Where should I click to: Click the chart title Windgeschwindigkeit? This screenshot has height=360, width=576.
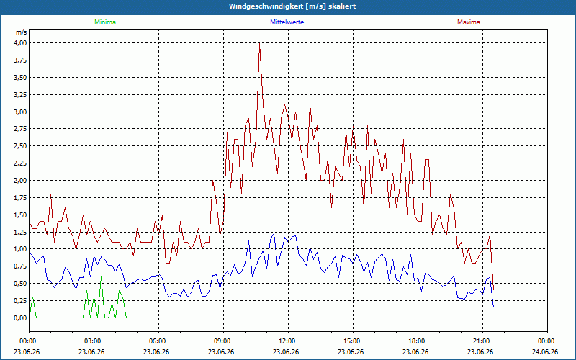coord(264,6)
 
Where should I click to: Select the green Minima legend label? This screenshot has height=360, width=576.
coord(105,22)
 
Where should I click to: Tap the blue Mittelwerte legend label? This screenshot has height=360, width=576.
coord(287,22)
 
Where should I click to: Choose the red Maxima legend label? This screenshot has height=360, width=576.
coord(469,22)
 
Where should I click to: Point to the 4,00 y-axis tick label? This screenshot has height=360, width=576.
coord(21,43)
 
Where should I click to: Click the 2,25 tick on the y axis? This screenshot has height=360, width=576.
coord(21,163)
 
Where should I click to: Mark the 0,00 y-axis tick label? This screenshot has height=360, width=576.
coord(21,318)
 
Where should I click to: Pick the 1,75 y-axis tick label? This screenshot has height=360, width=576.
coord(21,197)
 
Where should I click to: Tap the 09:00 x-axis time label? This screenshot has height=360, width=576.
coord(223,341)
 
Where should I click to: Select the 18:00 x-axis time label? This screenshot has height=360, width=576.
coord(418,341)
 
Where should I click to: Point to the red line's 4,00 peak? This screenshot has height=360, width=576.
coord(259,43)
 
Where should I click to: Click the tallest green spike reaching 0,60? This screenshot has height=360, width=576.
coord(101,277)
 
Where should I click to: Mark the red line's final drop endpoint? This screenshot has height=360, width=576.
coord(493,289)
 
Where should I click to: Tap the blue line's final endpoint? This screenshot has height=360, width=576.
coord(493,307)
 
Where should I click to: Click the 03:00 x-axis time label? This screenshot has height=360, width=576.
coord(94,341)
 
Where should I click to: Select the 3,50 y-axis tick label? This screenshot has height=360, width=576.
coord(21,78)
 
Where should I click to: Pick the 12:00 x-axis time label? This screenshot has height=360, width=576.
coord(289,341)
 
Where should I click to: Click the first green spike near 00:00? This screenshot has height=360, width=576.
coord(32,297)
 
